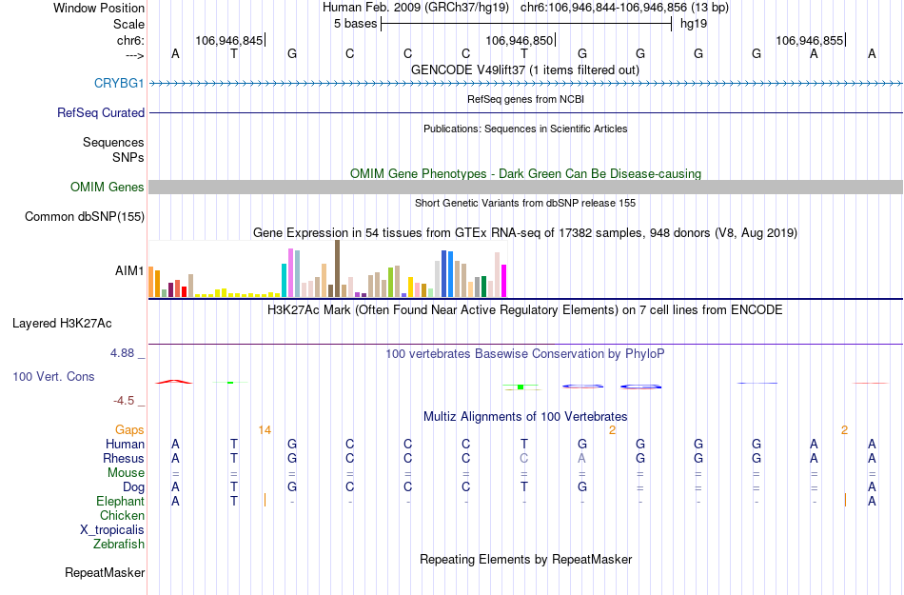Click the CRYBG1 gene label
[119, 84]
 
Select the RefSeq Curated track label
[101, 112]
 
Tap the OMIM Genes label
[108, 188]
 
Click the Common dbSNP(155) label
[85, 217]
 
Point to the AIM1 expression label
[129, 271]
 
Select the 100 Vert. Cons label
[53, 377]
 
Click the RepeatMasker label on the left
[105, 573]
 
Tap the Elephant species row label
[120, 502]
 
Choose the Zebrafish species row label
[119, 545]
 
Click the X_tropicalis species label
[112, 530]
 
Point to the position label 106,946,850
[519, 41]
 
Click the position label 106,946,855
[809, 41]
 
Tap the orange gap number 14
[265, 430]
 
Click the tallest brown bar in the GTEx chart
[337, 268]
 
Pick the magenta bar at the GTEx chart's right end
[504, 280]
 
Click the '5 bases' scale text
[355, 24]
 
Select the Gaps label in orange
[129, 430]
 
